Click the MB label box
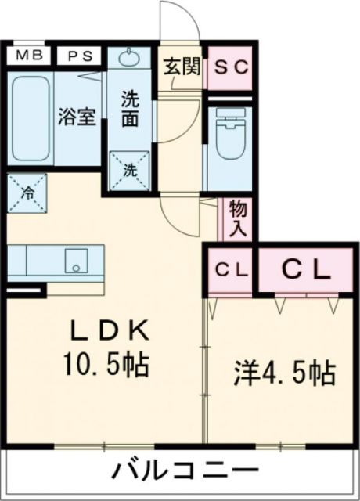tap(30, 56)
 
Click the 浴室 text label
tap(77, 117)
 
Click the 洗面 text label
tap(131, 110)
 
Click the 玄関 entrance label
tap(180, 66)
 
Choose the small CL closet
tap(231, 270)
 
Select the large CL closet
tap(304, 270)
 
